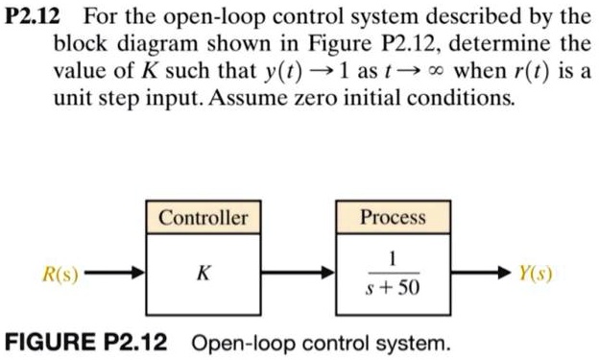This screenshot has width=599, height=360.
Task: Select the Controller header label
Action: tap(203, 218)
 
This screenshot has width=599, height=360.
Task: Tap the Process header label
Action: tap(393, 218)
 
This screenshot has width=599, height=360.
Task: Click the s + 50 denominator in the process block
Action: tap(393, 287)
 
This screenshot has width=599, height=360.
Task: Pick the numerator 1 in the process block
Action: tap(393, 257)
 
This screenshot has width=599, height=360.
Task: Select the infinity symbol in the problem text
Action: tap(439, 73)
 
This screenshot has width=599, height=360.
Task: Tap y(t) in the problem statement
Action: tap(274, 73)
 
